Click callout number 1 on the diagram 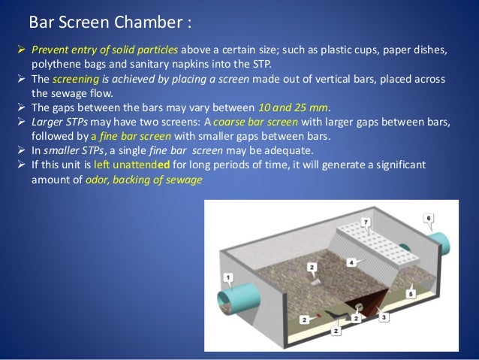[x=228, y=277]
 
